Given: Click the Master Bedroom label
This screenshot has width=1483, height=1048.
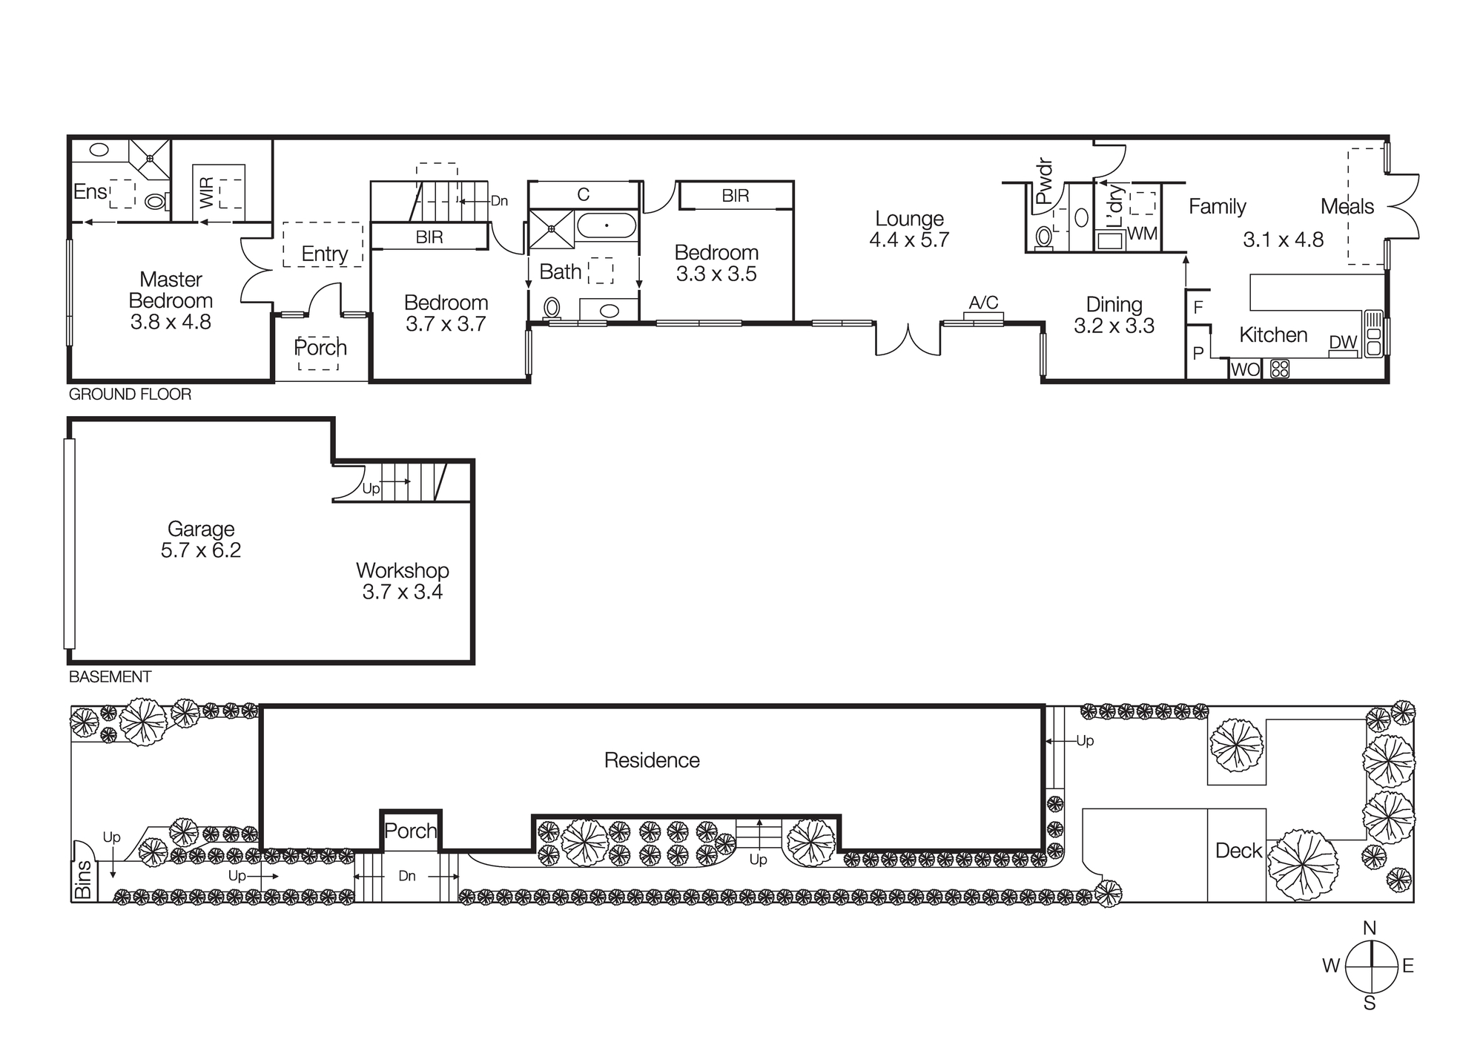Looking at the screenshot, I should (x=171, y=290).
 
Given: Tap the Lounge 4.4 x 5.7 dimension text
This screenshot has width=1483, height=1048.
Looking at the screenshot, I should (x=909, y=240).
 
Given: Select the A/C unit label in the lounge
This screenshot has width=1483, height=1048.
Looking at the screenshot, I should (x=983, y=303).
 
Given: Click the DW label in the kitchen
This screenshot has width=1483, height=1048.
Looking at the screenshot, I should (x=1343, y=343).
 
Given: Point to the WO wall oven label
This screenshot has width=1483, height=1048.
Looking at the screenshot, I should (x=1245, y=369).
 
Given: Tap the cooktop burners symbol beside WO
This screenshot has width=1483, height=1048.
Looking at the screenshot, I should (x=1280, y=369).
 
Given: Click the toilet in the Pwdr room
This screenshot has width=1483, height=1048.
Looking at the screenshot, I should (x=1044, y=237).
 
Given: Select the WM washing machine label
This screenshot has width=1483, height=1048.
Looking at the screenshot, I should (x=1142, y=234).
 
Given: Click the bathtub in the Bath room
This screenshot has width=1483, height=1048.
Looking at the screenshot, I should (x=607, y=225).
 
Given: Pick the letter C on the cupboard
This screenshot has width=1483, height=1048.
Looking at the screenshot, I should (x=584, y=195).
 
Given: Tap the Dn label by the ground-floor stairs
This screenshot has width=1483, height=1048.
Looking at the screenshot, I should (x=499, y=201).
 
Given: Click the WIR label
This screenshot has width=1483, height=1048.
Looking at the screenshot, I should (x=207, y=192).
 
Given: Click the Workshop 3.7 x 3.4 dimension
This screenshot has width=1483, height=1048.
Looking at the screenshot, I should (x=403, y=592).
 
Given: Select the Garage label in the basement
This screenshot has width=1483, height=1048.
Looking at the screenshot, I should (x=201, y=529).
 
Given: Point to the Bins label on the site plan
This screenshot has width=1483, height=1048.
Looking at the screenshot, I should (x=83, y=880).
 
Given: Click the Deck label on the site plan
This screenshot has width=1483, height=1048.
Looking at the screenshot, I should (x=1238, y=851).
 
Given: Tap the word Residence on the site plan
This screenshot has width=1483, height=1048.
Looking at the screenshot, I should (x=652, y=760).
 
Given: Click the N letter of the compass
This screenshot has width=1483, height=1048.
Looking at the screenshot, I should (x=1370, y=928).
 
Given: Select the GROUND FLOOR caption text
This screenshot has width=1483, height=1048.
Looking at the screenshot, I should (x=130, y=395).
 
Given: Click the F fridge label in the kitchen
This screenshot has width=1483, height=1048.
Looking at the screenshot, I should (x=1198, y=307).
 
